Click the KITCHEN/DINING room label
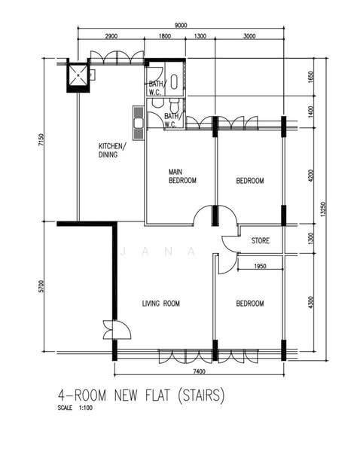coord(112,150)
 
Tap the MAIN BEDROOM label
coord(182,176)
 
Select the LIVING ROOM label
coord(161,304)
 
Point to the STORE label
coord(261,240)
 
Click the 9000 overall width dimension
coord(181,26)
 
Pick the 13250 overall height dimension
coord(323,209)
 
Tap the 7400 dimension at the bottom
coord(199,371)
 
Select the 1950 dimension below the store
coord(260,266)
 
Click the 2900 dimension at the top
coord(111,36)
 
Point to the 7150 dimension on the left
coord(41,139)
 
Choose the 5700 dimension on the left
coord(41,286)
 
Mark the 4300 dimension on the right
coord(310,302)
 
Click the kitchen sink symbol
coord(139,123)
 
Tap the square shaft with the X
coord(78,75)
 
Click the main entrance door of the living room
coord(117,330)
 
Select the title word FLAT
coord(157,395)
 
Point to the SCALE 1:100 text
coord(75,408)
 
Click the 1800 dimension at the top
coord(165,36)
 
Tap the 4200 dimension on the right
coord(310,176)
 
